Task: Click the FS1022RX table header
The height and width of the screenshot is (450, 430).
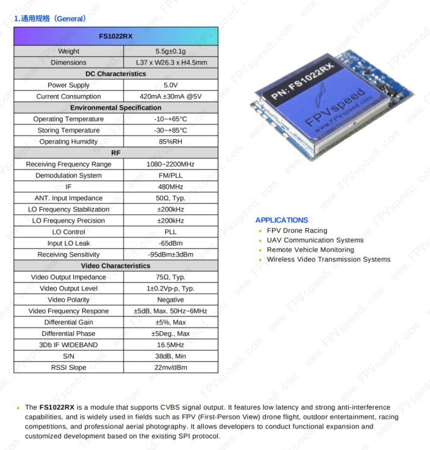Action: click(115, 36)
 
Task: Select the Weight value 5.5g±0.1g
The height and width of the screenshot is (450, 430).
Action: click(170, 51)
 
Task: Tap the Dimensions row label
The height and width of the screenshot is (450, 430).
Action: click(68, 62)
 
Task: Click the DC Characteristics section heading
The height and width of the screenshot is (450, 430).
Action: click(115, 74)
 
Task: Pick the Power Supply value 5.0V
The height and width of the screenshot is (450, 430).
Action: click(170, 85)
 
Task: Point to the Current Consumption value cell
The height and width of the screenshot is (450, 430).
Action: click(170, 96)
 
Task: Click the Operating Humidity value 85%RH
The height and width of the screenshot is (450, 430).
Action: click(170, 141)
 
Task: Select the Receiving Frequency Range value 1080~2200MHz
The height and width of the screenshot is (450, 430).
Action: click(170, 164)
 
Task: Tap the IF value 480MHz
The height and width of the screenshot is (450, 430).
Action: click(170, 187)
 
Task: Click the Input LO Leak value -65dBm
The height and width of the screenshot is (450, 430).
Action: click(170, 243)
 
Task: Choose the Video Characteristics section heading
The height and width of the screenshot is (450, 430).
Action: click(115, 266)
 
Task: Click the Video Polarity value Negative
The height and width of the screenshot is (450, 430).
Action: click(170, 299)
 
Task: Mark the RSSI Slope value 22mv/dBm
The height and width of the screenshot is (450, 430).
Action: click(170, 368)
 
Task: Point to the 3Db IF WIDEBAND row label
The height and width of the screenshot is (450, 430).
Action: click(68, 345)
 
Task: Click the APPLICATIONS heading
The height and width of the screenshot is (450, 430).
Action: click(282, 220)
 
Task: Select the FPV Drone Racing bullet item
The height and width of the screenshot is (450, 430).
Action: click(296, 230)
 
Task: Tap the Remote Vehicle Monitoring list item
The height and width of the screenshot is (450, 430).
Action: click(310, 250)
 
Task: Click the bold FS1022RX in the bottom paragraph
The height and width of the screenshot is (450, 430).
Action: click(57, 407)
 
